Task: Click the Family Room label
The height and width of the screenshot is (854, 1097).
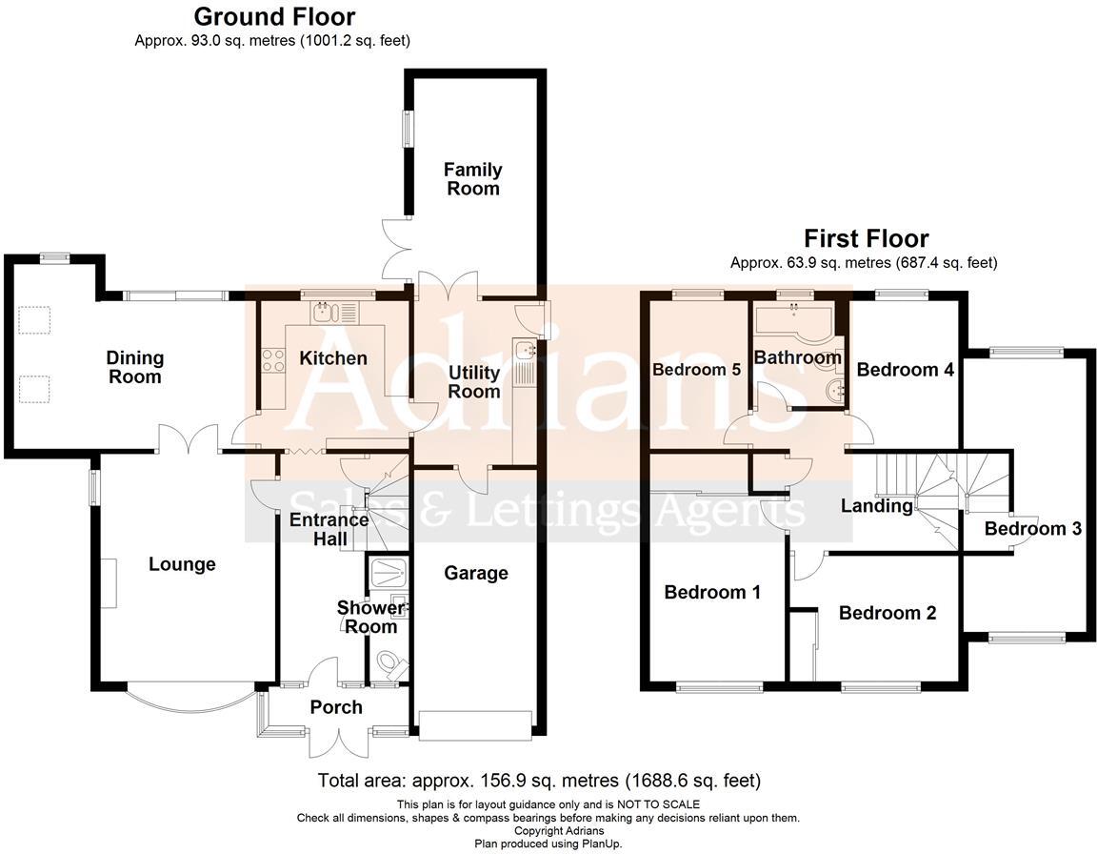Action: click(473, 179)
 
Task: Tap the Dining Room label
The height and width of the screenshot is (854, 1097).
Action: click(134, 367)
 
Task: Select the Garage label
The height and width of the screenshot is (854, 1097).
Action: click(475, 573)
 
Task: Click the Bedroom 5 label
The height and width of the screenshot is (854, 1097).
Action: click(696, 370)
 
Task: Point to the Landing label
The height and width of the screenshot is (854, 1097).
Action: click(876, 505)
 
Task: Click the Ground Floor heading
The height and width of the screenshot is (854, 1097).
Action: click(274, 16)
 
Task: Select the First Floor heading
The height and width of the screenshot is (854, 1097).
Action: click(866, 238)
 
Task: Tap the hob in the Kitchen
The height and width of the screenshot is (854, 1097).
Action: click(273, 359)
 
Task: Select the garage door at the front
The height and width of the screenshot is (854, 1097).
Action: click(474, 725)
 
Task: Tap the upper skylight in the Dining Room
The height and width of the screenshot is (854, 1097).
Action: click(35, 320)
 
